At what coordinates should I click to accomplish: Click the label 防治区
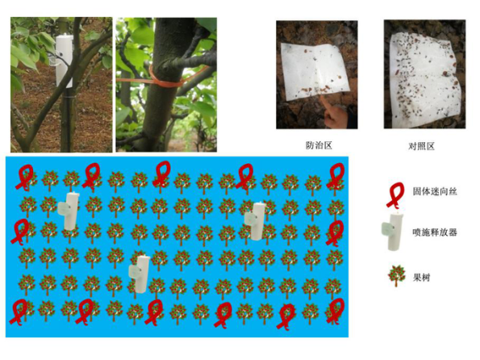pyautogui.click(x=319, y=145)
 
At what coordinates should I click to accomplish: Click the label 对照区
pyautogui.click(x=421, y=146)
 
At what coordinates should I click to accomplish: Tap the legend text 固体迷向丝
pyautogui.click(x=435, y=191)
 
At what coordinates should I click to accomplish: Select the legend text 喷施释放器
pyautogui.click(x=435, y=232)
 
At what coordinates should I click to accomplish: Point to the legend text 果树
pyautogui.click(x=422, y=278)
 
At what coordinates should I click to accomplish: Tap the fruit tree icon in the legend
pyautogui.click(x=396, y=276)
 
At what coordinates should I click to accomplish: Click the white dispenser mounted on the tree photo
pyautogui.click(x=65, y=61)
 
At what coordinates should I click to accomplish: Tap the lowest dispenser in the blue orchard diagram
pyautogui.click(x=140, y=274)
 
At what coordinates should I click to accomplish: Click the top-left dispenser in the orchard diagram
pyautogui.click(x=69, y=211)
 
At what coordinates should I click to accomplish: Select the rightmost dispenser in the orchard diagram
pyautogui.click(x=255, y=220)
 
